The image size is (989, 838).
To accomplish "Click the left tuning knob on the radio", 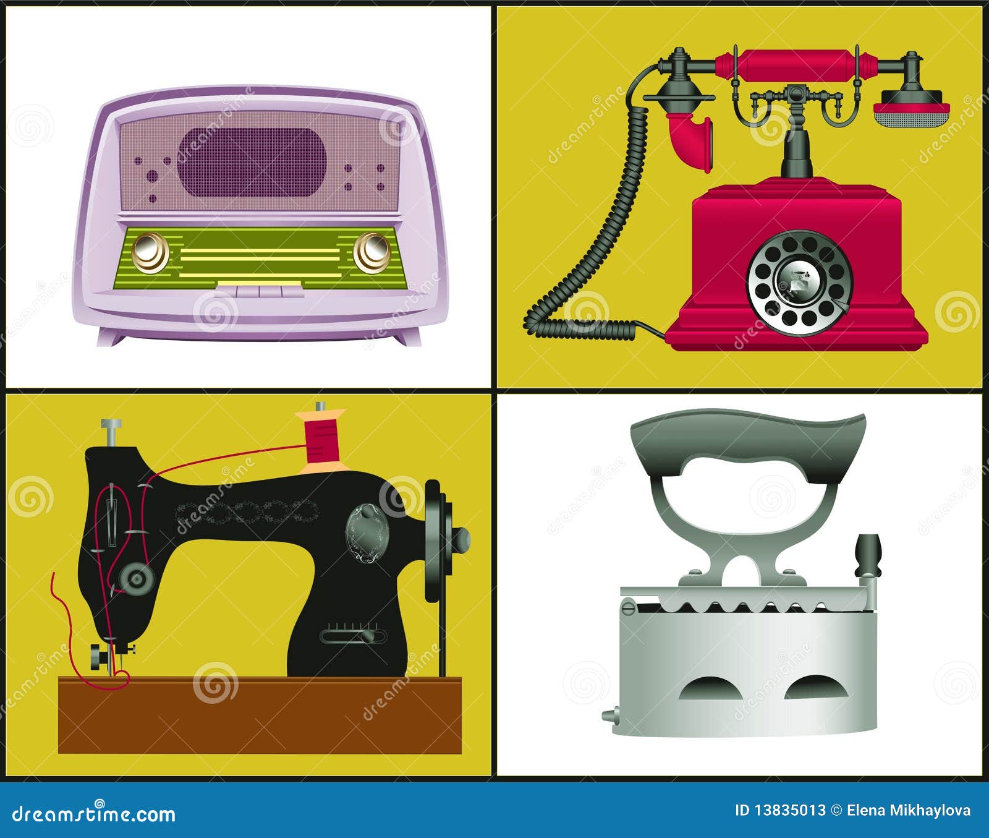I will click(150, 252).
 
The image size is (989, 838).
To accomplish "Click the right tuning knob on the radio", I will click(372, 252).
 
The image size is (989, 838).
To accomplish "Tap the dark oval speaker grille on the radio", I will click(252, 163).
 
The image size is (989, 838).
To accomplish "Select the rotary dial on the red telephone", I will click(799, 283).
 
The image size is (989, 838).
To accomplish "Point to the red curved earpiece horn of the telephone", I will click(692, 142).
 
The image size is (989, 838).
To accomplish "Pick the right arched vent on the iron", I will click(810, 688).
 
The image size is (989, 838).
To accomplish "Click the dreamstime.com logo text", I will click(93, 813).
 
